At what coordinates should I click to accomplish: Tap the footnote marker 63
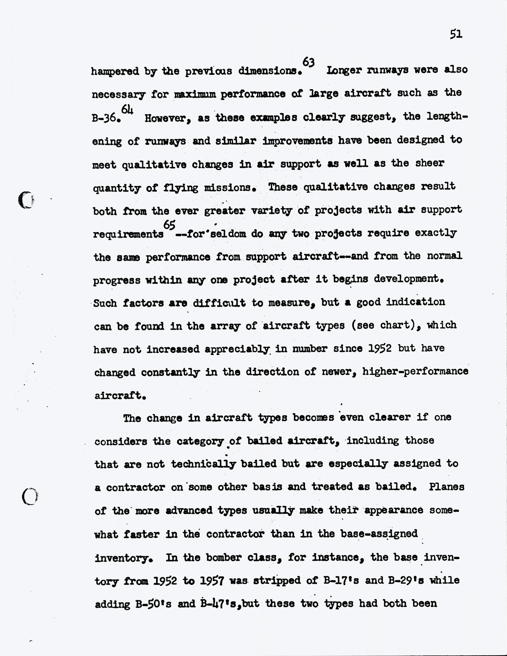coord(308,62)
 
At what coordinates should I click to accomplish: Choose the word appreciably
coord(237,349)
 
